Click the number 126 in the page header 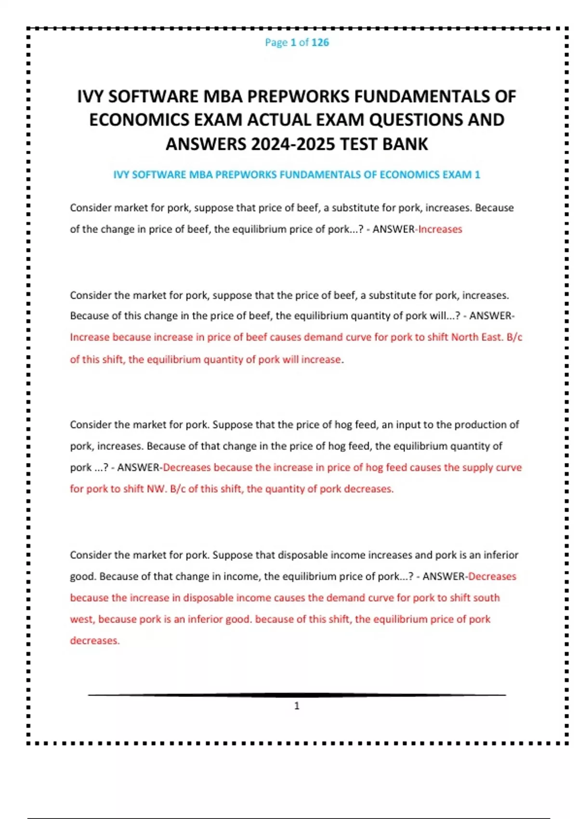tap(320, 42)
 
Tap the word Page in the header tap(276, 42)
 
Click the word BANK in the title tap(405, 144)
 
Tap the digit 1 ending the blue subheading tap(477, 175)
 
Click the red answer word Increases tap(440, 229)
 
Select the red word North tap(465, 337)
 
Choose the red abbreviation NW tap(156, 489)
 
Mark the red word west tap(82, 620)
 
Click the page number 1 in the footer tap(297, 706)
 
